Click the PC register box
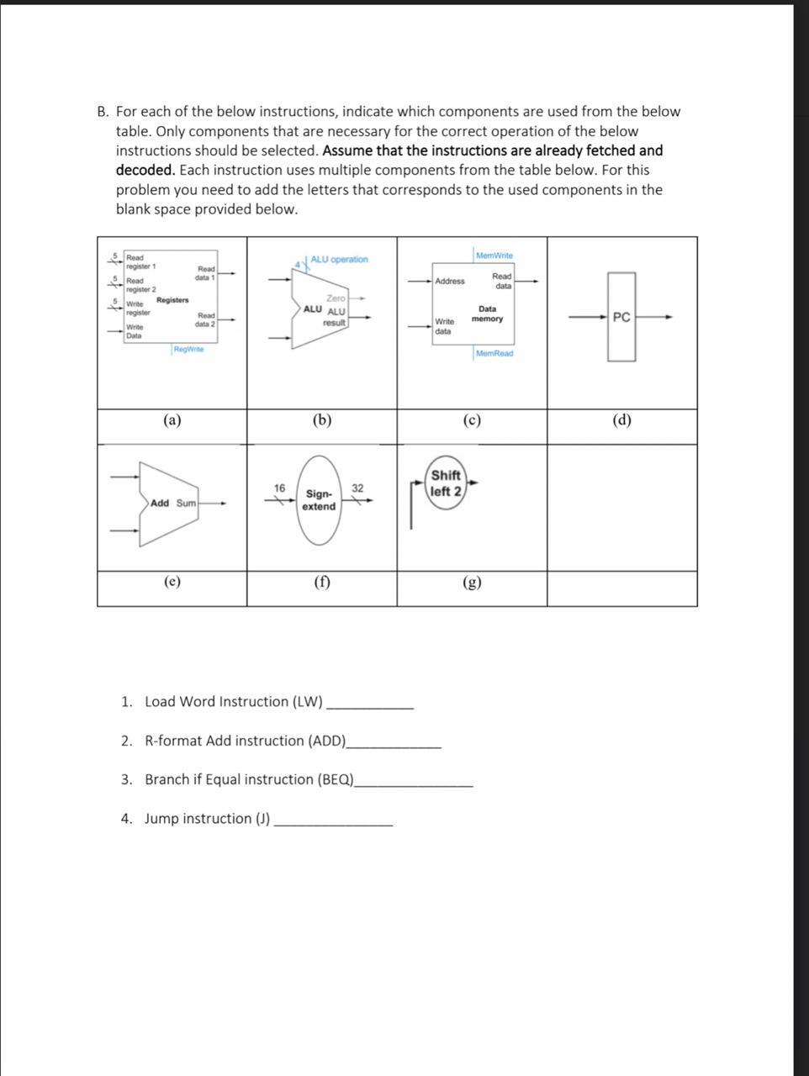click(621, 317)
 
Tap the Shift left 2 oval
click(446, 483)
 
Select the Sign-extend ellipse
click(319, 500)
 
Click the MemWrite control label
click(494, 256)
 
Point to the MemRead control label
click(494, 354)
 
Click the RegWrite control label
click(188, 350)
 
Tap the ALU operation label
click(339, 259)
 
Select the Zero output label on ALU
click(336, 298)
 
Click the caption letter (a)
click(172, 420)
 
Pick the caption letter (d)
click(621, 420)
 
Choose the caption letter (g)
click(473, 582)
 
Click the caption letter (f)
click(322, 582)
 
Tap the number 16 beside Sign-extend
click(279, 488)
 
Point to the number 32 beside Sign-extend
click(357, 488)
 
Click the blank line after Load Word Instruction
click(370, 706)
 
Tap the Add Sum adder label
click(173, 503)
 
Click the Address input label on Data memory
click(450, 281)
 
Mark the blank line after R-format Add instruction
click(394, 745)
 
